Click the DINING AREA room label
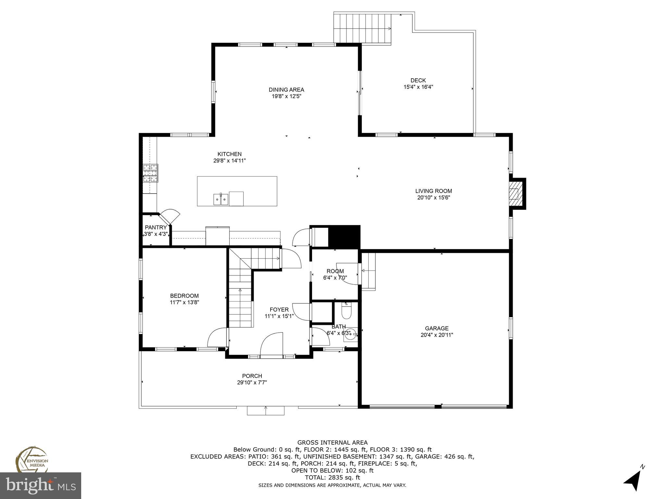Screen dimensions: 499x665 tap(286, 90)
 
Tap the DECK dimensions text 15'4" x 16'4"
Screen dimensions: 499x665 tap(418, 87)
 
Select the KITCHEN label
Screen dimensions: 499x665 tap(229, 154)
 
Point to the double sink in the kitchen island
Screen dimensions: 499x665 tap(221, 199)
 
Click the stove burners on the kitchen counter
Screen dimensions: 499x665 tap(150, 173)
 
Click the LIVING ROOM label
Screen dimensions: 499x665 tap(433, 191)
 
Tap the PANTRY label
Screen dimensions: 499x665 tap(156, 227)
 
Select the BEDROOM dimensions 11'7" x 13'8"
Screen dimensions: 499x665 tap(184, 302)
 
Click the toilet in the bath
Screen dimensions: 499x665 tap(346, 311)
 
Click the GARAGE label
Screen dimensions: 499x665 tap(437, 328)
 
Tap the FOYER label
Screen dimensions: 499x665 tap(279, 310)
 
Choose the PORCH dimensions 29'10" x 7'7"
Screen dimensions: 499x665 tap(252, 383)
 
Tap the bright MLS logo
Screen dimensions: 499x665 tap(41, 485)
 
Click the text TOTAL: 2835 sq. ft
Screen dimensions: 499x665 tap(332, 478)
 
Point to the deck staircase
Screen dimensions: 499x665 tap(362, 28)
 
